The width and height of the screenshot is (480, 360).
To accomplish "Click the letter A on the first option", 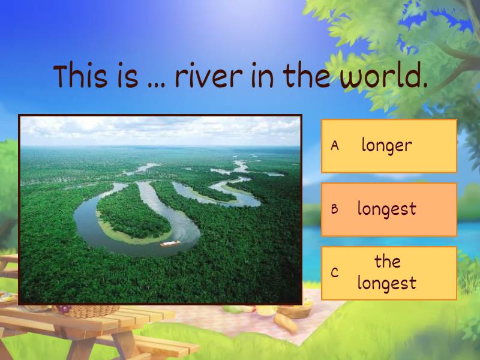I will coord(335,146).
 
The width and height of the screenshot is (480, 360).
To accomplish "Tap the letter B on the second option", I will coord(335,209).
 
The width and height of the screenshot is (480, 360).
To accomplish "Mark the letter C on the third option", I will coord(335,273).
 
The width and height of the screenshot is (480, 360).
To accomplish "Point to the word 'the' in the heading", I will coord(306,77).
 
